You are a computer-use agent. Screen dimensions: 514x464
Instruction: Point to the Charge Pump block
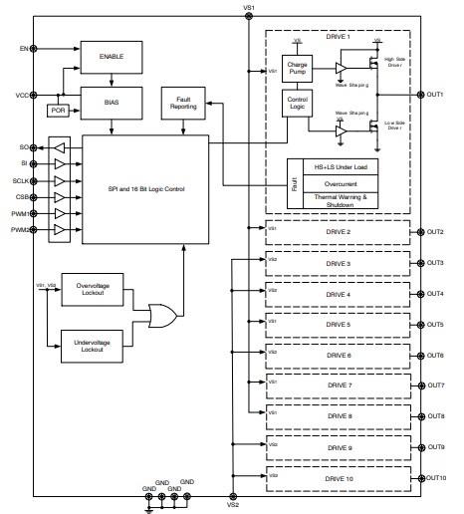click(x=297, y=69)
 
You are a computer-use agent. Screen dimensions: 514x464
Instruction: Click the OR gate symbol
click(x=162, y=317)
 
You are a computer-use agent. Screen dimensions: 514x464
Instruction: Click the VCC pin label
click(x=20, y=95)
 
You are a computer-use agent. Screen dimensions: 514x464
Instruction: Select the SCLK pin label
click(x=18, y=180)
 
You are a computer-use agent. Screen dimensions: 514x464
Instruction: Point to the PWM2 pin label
click(x=17, y=230)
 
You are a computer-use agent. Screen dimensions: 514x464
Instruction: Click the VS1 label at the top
click(x=249, y=8)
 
